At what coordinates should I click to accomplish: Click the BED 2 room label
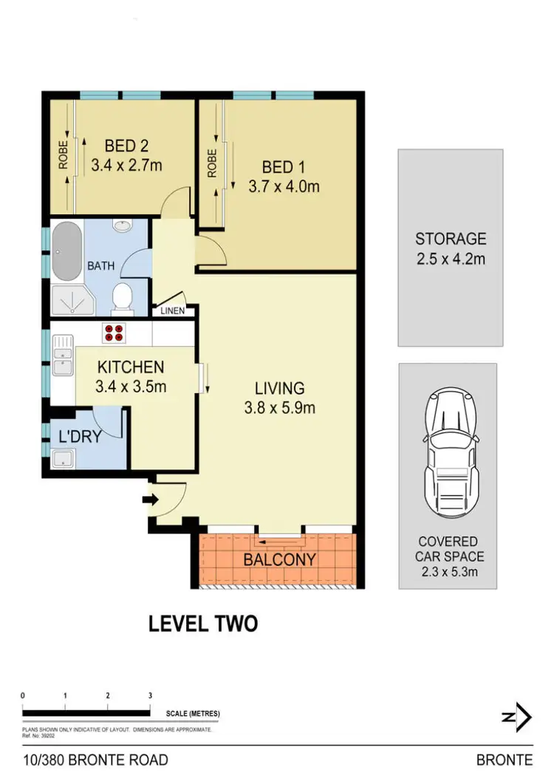pos(126,146)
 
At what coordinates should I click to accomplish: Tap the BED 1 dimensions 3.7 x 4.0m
pos(284,186)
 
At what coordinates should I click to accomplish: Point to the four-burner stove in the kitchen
pos(114,333)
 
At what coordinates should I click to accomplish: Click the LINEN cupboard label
pos(173,311)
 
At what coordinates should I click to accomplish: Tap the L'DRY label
pos(81,437)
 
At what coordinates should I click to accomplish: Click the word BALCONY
pos(280,560)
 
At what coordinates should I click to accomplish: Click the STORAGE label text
pos(451,239)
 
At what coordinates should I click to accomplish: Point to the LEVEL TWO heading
pos(203,624)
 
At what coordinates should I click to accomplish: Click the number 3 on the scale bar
pos(150,696)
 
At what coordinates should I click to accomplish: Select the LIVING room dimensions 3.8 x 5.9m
pos(280,407)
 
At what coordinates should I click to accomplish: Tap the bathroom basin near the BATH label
pos(120,225)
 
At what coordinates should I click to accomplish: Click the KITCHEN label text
pos(131,367)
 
